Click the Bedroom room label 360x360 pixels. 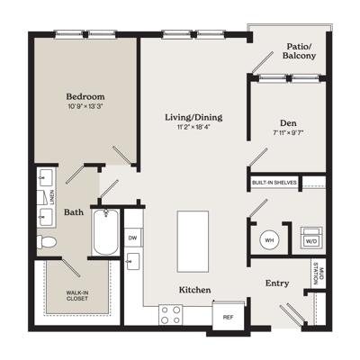click(x=85, y=96)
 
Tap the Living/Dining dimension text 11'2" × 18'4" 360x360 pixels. click(x=193, y=127)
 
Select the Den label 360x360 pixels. click(x=288, y=123)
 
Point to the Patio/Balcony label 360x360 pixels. click(x=299, y=51)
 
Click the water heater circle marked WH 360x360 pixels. click(x=269, y=240)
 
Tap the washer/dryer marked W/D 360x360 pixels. click(x=311, y=238)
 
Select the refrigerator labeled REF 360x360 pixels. click(x=228, y=317)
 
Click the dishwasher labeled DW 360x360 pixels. click(x=133, y=238)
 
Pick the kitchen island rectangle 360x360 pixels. click(x=193, y=241)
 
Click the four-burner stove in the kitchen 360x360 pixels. click(x=171, y=314)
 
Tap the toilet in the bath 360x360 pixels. click(x=47, y=241)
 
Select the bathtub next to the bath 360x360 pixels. click(x=105, y=232)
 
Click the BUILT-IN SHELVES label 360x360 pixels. click(x=274, y=183)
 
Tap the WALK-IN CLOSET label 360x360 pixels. click(x=77, y=295)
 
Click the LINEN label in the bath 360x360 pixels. click(x=52, y=197)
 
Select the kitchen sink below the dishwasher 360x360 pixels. click(x=133, y=261)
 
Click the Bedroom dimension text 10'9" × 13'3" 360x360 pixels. click(x=85, y=106)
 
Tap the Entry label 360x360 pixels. click(x=277, y=283)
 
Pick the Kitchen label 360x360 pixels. click(x=194, y=290)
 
